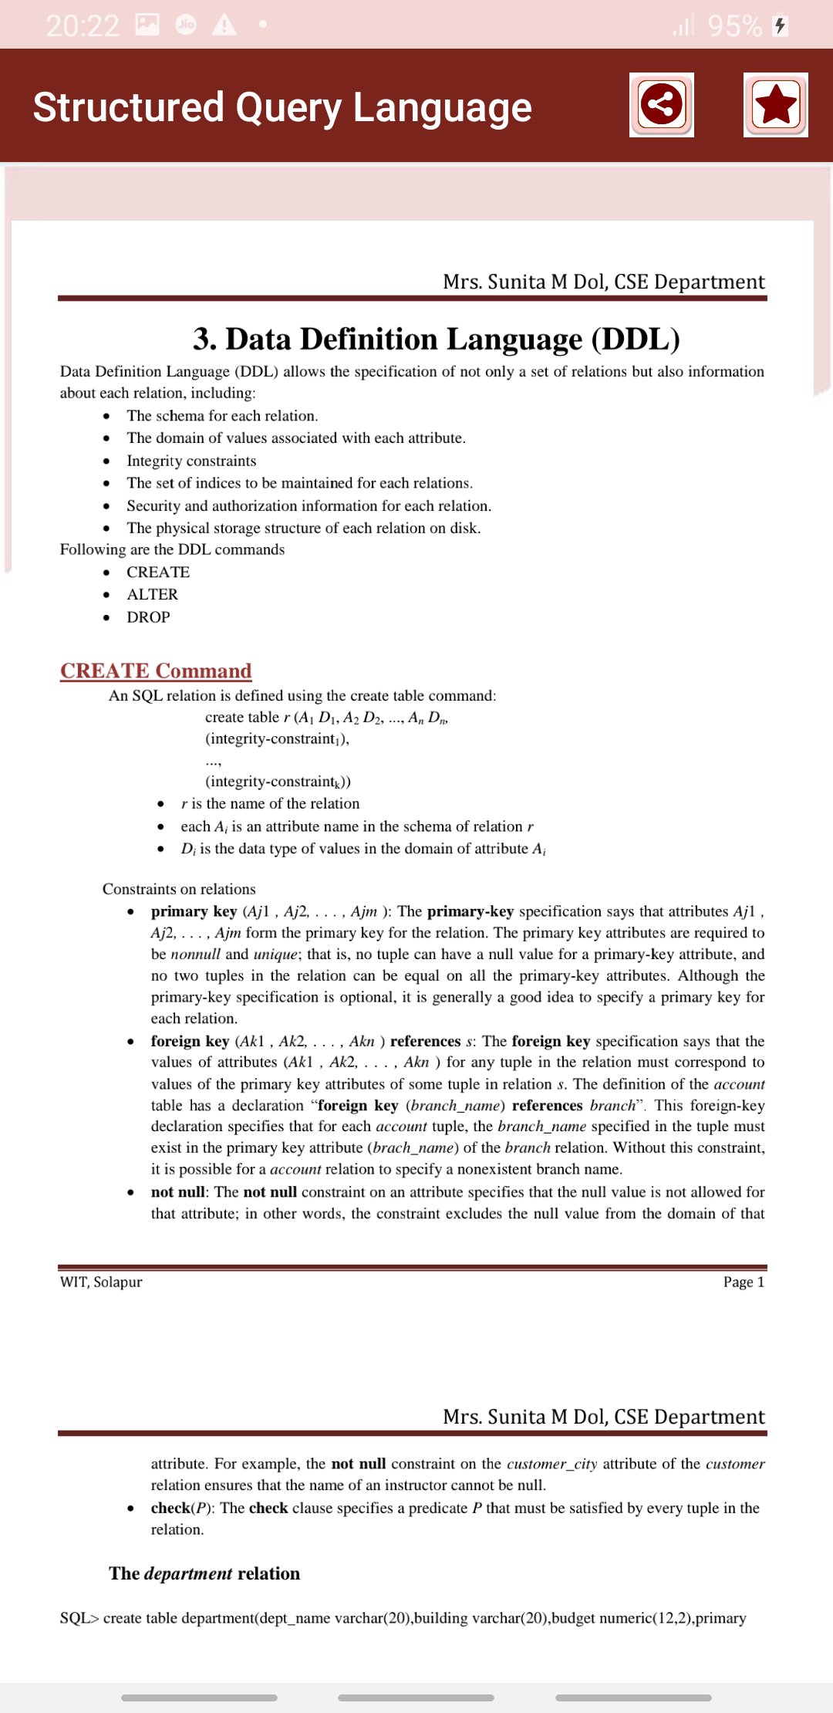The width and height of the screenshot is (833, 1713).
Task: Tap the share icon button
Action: (x=661, y=105)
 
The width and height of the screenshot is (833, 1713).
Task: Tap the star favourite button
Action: (x=775, y=105)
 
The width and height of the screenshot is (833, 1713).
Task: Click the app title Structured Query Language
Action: (x=282, y=107)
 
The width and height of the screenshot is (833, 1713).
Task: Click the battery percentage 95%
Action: (x=734, y=26)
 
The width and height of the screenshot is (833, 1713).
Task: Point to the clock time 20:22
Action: (x=83, y=26)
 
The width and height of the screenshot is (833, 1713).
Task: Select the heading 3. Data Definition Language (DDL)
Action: (x=437, y=339)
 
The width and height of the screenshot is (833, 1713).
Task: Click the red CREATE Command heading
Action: (x=156, y=671)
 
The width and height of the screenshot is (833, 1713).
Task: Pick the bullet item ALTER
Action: (x=152, y=594)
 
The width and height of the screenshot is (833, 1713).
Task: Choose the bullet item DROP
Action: (x=148, y=617)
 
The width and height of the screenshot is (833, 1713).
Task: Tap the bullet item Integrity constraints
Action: (x=191, y=461)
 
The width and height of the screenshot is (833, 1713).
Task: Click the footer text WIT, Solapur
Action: (x=101, y=1282)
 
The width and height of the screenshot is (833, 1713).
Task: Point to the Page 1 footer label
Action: (x=744, y=1282)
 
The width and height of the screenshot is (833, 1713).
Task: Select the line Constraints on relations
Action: (x=179, y=889)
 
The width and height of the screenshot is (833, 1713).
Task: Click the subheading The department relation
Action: (x=204, y=1573)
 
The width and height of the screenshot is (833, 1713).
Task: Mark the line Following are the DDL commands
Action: (x=172, y=549)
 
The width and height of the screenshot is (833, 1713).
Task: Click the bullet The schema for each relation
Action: (x=222, y=416)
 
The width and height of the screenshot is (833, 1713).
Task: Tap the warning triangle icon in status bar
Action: (x=224, y=25)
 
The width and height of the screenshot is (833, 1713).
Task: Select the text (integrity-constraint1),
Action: (x=277, y=738)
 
